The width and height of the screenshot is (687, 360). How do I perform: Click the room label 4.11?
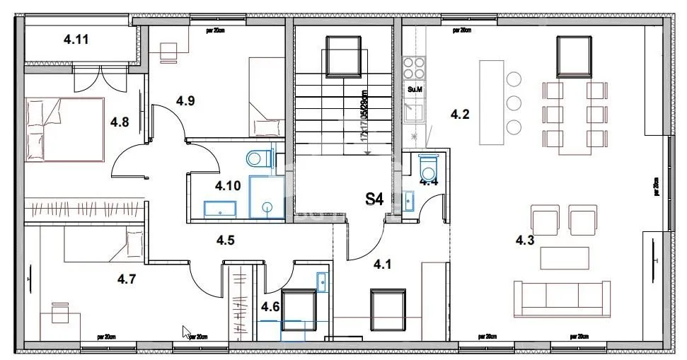(x=76, y=40)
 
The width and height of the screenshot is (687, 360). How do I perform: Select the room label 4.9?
(x=185, y=100)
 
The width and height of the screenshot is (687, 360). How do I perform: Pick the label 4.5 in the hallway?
(x=226, y=240)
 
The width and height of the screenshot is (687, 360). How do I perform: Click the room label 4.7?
(x=127, y=279)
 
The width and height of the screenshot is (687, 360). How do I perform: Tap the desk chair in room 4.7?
(x=58, y=310)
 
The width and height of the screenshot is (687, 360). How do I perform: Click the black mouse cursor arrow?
(x=186, y=331)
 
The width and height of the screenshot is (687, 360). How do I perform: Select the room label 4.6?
(x=270, y=307)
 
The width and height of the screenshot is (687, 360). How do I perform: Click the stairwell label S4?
(x=374, y=199)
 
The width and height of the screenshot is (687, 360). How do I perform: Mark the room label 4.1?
(x=383, y=264)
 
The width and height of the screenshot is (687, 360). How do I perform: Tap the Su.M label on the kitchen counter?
(x=415, y=89)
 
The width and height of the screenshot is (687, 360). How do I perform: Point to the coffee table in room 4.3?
(x=564, y=257)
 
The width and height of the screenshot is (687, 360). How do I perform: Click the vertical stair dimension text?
(x=364, y=117)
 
